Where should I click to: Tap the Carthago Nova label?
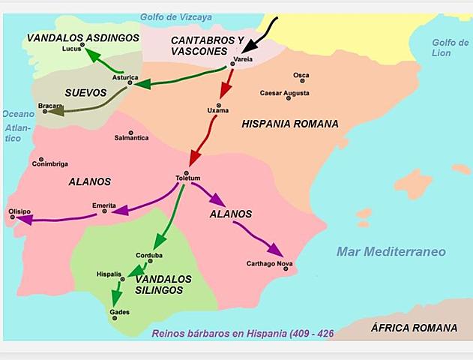269,263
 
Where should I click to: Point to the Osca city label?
301,75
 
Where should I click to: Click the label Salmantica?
131,138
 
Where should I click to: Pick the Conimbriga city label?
50,164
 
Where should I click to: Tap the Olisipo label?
19,211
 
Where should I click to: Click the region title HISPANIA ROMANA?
290,124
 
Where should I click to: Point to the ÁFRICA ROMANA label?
414,328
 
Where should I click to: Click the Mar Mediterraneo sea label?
391,251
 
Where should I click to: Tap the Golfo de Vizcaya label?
177,16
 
